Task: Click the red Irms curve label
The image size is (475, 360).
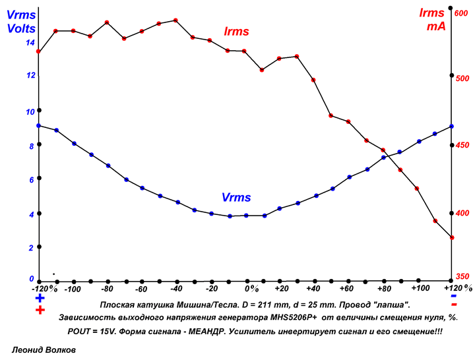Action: [x=236, y=31]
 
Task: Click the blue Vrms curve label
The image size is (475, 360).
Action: [x=236, y=197]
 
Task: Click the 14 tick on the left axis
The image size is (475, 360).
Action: [x=30, y=43]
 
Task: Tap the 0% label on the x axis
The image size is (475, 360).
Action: [x=251, y=289]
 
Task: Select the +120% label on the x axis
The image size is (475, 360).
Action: [x=457, y=288]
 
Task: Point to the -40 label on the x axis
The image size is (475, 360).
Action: [x=175, y=289]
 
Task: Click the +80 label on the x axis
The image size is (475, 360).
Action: [x=384, y=289]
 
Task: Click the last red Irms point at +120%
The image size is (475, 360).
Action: [x=451, y=237]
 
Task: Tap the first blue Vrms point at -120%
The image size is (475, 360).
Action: [x=39, y=125]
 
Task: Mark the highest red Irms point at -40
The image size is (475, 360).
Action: [x=175, y=20]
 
